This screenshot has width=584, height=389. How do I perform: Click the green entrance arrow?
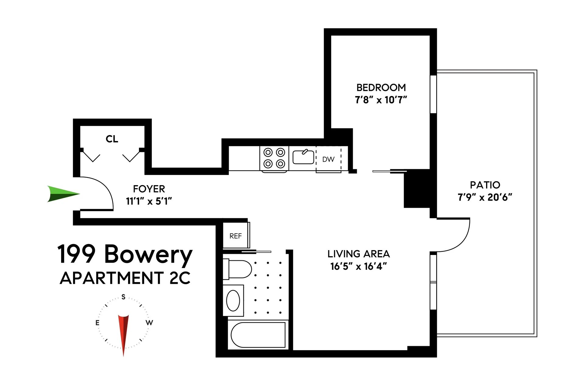62,194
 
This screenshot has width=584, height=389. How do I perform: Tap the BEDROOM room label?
381,88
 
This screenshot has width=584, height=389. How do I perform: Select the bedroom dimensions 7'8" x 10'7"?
381,100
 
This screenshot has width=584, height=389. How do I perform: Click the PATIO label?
485,185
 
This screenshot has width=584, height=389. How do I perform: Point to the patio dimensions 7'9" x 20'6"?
485,197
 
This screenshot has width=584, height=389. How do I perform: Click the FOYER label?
149,189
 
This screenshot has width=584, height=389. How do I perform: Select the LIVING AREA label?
358,254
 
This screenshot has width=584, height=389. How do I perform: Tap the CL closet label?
112,139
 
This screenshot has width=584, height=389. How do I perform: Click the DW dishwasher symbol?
328,159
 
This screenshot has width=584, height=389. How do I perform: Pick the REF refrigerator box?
236,236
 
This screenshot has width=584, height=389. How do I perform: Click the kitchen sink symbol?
303,157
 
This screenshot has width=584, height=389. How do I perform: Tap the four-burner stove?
274,158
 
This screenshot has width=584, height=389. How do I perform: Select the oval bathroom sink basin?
233,300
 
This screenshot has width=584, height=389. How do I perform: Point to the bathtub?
258,335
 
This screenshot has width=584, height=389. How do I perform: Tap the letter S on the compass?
123,297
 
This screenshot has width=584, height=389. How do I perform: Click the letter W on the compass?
149,322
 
